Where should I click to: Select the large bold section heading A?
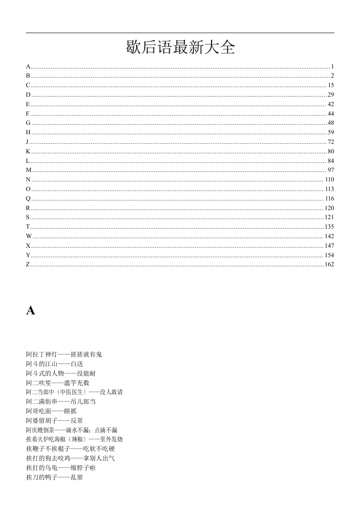pos(30,311)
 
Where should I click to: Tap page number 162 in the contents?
pos(330,264)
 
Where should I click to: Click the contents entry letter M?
pos(29,170)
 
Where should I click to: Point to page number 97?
pos(331,170)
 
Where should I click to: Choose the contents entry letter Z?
pos(28,264)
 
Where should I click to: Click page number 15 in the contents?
pos(331,85)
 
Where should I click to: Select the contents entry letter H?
pos(28,132)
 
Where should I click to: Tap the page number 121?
pos(330,217)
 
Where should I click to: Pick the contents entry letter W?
pos(29,236)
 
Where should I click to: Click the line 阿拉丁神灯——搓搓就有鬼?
pos(64,354)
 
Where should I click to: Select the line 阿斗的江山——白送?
pos(54,364)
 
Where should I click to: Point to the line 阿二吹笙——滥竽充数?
pos(58,383)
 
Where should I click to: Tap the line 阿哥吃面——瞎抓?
pos(51,411)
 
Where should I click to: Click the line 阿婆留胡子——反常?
pos(54,421)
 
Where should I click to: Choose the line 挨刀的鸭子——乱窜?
pos(54,477)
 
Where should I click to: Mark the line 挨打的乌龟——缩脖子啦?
pos(61,468)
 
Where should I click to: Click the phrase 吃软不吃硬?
pos(99,449)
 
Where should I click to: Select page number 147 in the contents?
pos(330,246)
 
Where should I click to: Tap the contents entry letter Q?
pos(28,199)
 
